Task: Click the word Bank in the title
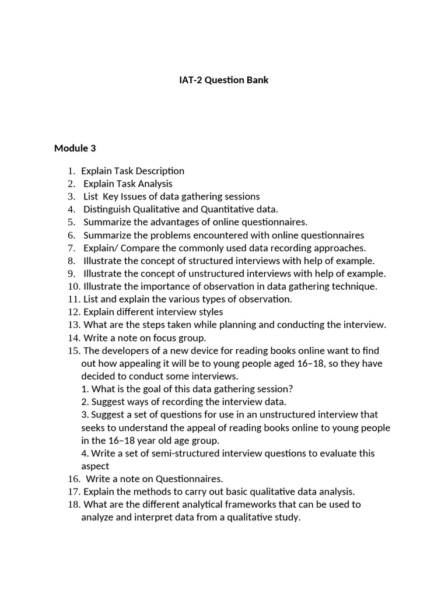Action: (x=257, y=80)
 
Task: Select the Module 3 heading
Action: (x=75, y=148)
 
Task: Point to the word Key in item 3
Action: (x=110, y=196)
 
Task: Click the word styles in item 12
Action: (x=211, y=312)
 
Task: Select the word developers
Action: (x=123, y=350)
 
